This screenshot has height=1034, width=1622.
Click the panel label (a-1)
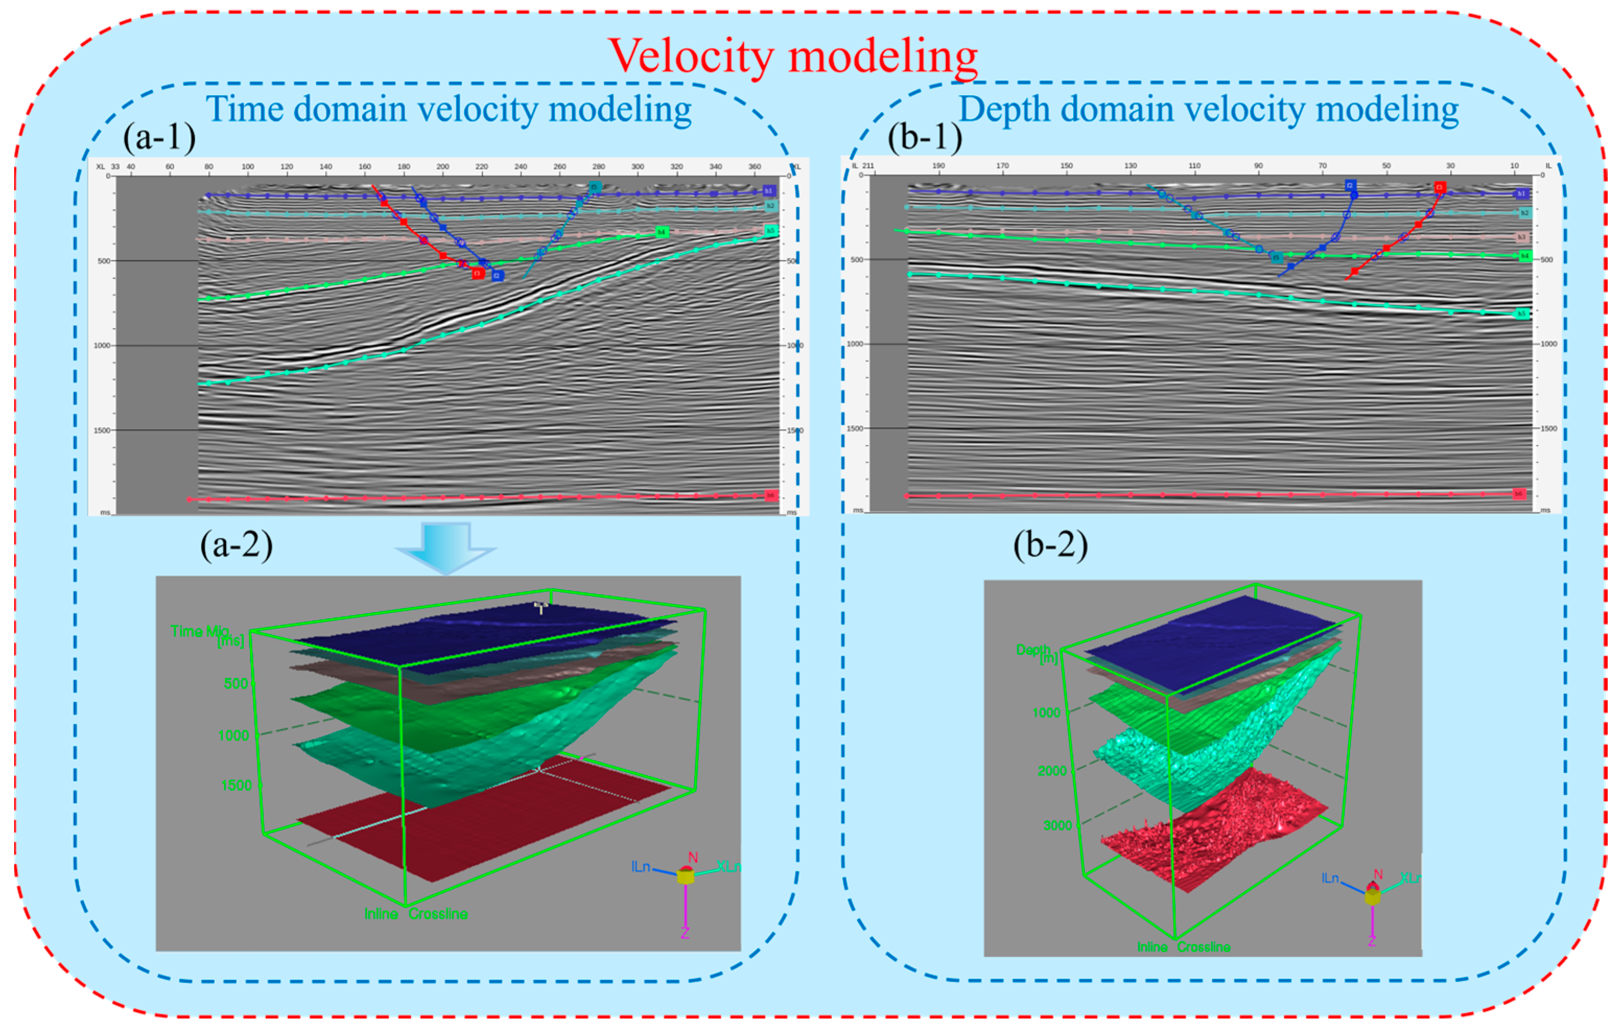pyautogui.click(x=159, y=137)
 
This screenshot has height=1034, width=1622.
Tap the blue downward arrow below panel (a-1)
pyautogui.click(x=445, y=546)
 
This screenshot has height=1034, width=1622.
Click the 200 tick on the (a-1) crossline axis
pyautogui.click(x=443, y=167)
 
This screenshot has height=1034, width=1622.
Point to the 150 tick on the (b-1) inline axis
pyautogui.click(x=1067, y=166)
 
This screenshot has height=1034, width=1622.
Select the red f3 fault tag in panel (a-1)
pyautogui.click(x=478, y=274)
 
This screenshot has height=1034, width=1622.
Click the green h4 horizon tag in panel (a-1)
pyautogui.click(x=661, y=232)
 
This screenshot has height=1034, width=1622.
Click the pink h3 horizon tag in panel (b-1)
pyautogui.click(x=1521, y=237)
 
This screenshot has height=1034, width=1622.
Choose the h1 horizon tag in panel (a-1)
pyautogui.click(x=768, y=191)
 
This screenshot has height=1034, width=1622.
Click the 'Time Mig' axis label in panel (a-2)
pyautogui.click(x=200, y=631)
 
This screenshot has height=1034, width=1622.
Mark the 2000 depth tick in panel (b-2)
pyautogui.click(x=1052, y=771)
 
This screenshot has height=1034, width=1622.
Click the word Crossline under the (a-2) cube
pyautogui.click(x=438, y=914)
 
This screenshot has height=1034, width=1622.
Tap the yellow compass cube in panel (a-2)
pyautogui.click(x=686, y=876)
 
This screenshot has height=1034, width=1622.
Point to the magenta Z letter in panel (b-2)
pyautogui.click(x=1371, y=941)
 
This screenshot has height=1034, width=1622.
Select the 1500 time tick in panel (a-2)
pyautogui.click(x=236, y=785)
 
